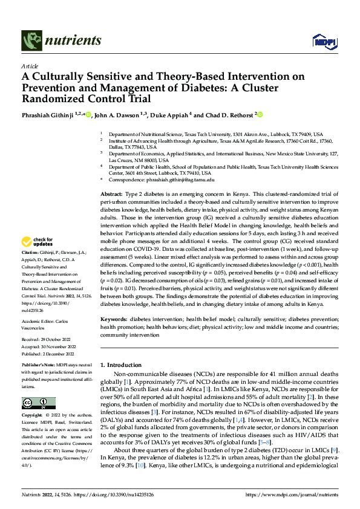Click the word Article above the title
[29, 66]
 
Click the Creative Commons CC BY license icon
[38, 403]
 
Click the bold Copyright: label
[33, 416]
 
